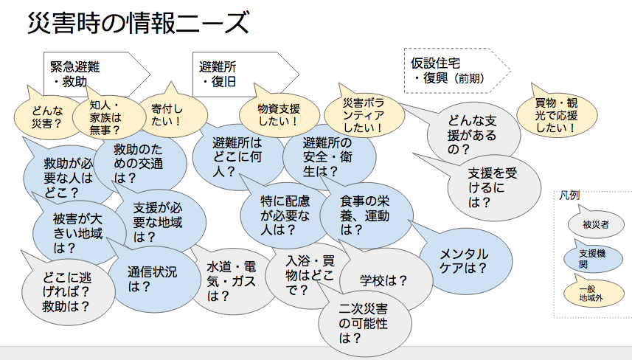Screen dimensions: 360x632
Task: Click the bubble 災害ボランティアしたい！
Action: tap(364, 116)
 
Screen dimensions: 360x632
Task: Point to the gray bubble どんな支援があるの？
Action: tap(472, 135)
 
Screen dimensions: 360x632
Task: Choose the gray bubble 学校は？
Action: tap(383, 280)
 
